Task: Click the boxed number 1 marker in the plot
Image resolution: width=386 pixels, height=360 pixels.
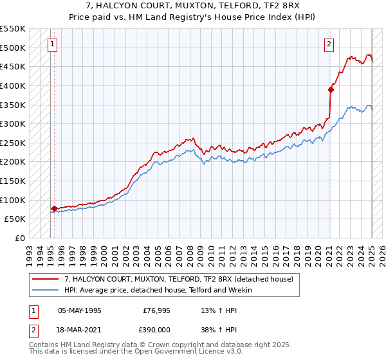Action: (52, 44)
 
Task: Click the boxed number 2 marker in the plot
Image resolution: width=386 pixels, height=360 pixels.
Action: (329, 44)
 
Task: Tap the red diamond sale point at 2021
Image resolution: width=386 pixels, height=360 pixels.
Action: (331, 89)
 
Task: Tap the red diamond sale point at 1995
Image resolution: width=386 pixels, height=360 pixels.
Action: (54, 208)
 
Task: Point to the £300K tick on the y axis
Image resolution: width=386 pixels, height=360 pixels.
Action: (13, 123)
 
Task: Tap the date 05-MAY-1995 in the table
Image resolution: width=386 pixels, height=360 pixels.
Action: (80, 310)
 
